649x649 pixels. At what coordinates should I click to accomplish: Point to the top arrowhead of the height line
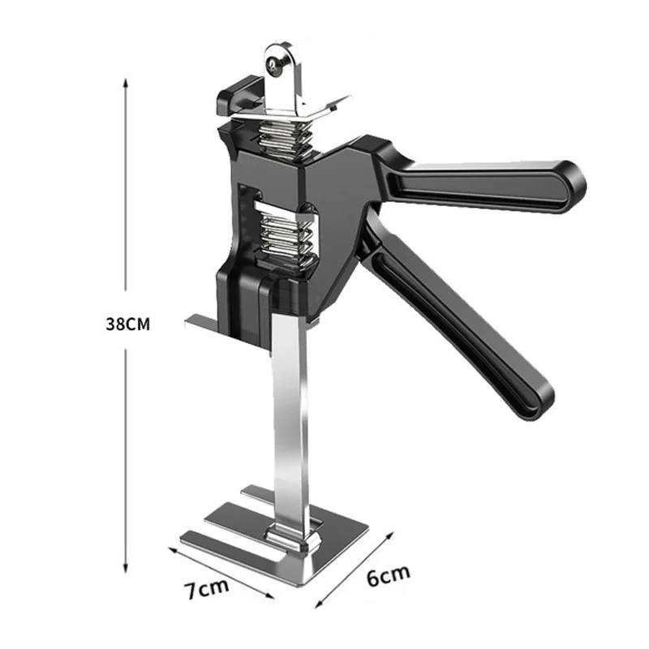coord(126,82)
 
